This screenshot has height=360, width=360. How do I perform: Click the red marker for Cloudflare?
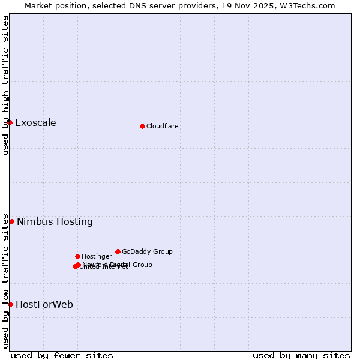[x=142, y=126]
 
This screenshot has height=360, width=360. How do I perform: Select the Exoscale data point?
[x=10, y=123]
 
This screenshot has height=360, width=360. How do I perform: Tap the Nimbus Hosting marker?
[x=11, y=221]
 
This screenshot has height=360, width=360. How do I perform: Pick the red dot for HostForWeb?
[x=10, y=304]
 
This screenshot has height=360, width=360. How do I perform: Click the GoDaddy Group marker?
[x=118, y=251]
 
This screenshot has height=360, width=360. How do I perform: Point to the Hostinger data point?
[x=77, y=256]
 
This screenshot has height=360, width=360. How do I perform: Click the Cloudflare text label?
[x=162, y=126]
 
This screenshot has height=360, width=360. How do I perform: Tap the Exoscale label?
[x=35, y=123]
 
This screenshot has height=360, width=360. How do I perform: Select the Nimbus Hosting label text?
[x=55, y=221]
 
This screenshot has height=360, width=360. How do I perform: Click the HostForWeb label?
[x=44, y=304]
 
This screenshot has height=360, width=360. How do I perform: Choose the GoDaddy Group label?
[x=147, y=251]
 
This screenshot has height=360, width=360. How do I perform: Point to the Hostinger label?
[x=97, y=256]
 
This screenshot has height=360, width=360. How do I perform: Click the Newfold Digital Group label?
[x=118, y=264]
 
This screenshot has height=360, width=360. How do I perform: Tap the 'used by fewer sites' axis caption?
[x=62, y=355]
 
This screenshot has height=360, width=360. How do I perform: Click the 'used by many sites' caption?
[x=301, y=355]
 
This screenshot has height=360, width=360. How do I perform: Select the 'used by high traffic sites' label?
[x=5, y=85]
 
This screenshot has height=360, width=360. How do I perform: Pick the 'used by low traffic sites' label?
[x=5, y=281]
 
